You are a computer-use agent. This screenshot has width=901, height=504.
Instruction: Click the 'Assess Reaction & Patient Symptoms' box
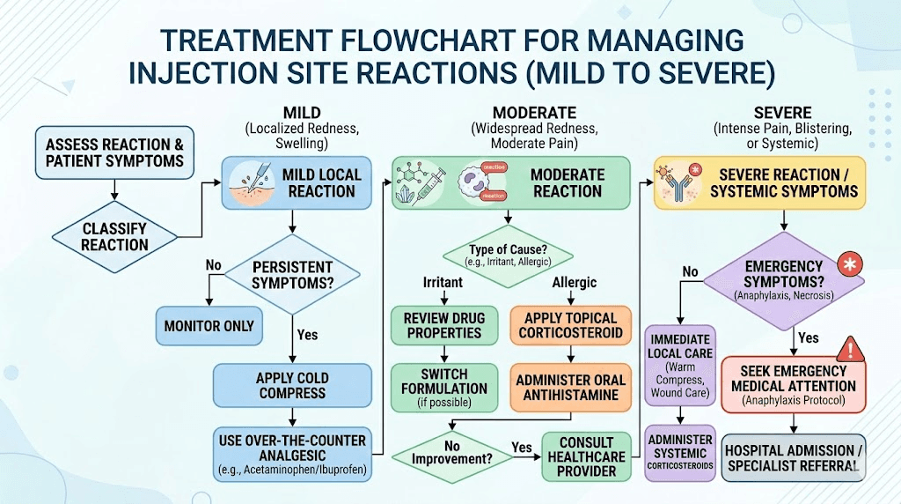114,152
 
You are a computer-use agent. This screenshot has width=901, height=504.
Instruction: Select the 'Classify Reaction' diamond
114,237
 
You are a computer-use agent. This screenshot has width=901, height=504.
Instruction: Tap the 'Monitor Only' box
209,326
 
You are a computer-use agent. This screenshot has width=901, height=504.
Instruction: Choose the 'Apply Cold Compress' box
292,385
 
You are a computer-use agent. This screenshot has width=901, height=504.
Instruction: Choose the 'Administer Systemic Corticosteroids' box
680,453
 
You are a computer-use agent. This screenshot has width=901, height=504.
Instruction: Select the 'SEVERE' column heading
783,113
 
